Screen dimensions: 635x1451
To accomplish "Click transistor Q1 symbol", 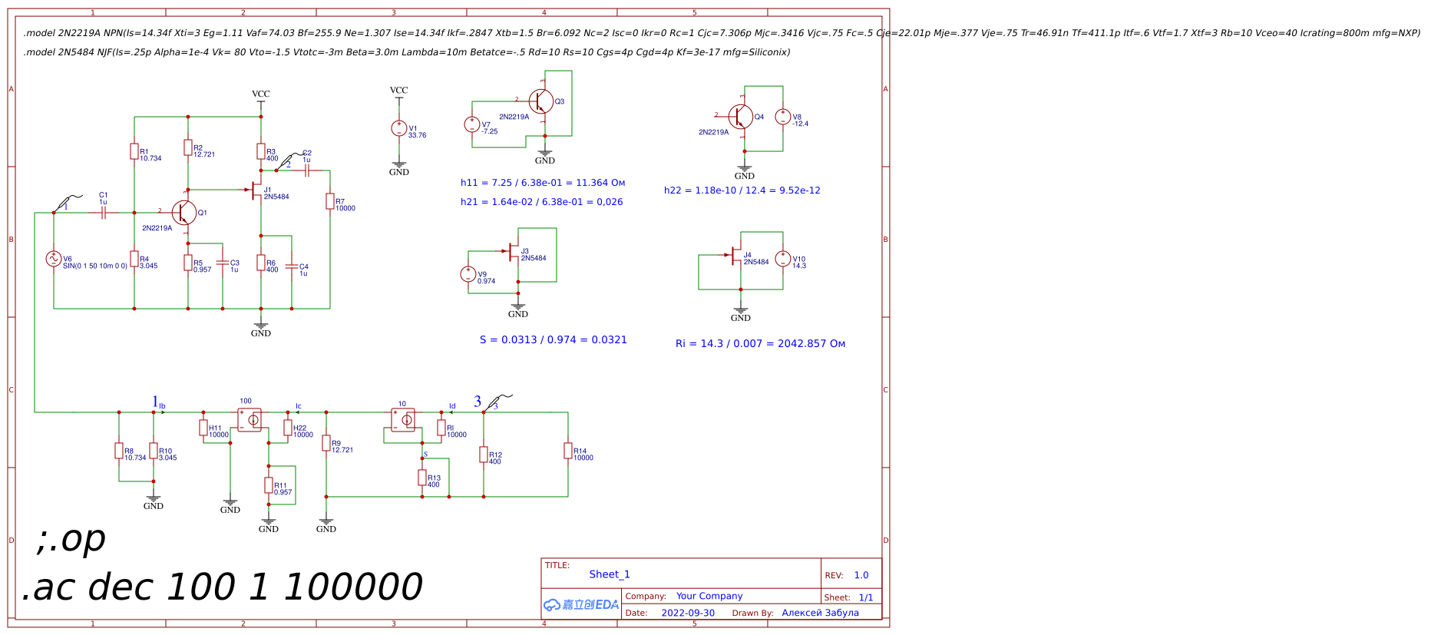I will tap(183, 213).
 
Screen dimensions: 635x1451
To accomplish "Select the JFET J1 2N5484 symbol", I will tap(256, 190).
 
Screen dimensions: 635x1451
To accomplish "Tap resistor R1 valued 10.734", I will tap(134, 152).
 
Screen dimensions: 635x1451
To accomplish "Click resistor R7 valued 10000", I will tap(330, 201).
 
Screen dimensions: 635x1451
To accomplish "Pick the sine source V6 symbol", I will tap(53, 259).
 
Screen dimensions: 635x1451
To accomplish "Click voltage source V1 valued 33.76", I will tap(398, 128).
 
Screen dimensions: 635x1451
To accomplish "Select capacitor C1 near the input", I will tap(103, 213).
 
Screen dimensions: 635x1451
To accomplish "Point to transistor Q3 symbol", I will tap(541, 101).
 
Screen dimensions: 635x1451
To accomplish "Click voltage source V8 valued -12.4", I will tap(782, 117).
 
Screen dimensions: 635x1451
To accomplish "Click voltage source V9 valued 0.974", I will tap(468, 274).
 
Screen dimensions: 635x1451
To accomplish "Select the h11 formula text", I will tap(543, 183).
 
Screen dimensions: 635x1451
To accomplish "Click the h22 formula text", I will tap(742, 190).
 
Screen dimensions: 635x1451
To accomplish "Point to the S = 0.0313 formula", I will tap(553, 339).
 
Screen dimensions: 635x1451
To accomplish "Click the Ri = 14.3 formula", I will tap(760, 343).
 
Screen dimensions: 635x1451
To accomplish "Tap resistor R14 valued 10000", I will tap(568, 451).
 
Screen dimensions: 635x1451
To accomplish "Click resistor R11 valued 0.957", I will tap(269, 485).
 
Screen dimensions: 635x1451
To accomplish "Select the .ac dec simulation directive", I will tap(223, 587).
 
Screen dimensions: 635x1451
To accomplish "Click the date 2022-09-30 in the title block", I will tap(687, 613).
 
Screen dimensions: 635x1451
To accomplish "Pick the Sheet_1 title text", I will tap(609, 574).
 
